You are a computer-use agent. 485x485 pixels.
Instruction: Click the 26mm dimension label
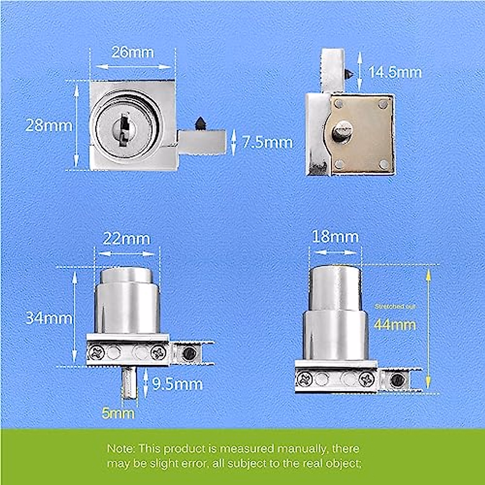click(x=133, y=53)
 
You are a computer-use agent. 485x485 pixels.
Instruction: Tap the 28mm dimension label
click(x=49, y=125)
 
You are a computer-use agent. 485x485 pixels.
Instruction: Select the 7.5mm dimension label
click(x=267, y=142)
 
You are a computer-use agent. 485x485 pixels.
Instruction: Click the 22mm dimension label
click(x=127, y=239)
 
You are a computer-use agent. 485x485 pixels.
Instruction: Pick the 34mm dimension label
click(x=49, y=318)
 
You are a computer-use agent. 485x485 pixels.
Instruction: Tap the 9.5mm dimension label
click(x=177, y=384)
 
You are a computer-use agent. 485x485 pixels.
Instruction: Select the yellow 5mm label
click(x=118, y=413)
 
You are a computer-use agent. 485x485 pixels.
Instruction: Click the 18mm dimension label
click(x=335, y=237)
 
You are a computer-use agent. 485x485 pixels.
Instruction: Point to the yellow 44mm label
click(x=395, y=325)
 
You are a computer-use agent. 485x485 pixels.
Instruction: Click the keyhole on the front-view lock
click(x=122, y=129)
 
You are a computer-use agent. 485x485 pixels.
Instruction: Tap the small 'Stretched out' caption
click(x=395, y=307)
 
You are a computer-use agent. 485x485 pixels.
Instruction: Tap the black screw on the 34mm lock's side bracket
click(x=188, y=353)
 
